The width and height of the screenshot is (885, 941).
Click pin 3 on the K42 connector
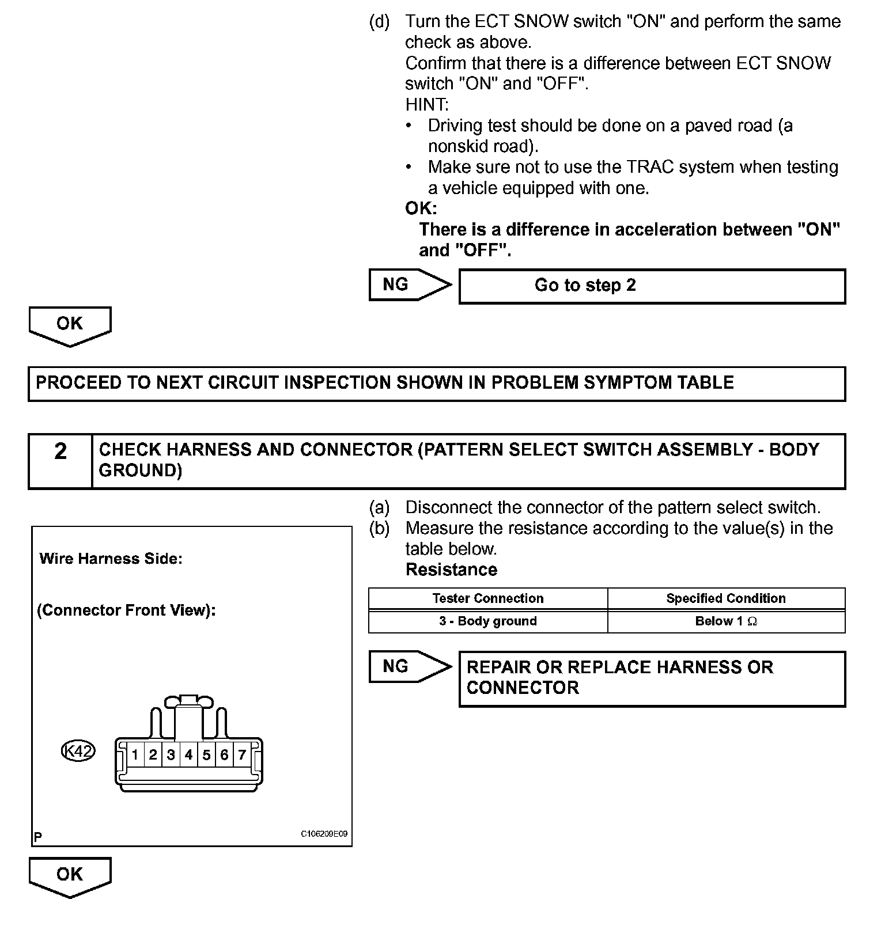coord(171,754)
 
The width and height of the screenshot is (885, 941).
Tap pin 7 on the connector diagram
coord(242,754)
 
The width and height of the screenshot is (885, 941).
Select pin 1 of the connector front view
coord(135,754)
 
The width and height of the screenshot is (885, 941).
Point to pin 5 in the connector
coord(206,754)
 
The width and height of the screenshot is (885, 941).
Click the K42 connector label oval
coord(78,751)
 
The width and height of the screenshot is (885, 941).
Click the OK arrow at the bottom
coord(70,876)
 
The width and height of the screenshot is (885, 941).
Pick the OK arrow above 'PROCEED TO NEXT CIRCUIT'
coord(70,325)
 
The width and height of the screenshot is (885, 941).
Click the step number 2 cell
coord(60,461)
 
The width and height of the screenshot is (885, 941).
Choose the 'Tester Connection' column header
coord(488,598)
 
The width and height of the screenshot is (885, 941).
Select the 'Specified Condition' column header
coord(726,598)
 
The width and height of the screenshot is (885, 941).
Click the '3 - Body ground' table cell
coord(488,621)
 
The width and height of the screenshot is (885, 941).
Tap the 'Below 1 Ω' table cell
coord(726,621)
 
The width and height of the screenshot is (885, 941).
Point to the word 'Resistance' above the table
coord(451,570)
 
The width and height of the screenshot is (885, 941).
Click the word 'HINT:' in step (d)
coord(426,105)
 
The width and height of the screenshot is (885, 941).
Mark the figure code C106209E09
coord(324,834)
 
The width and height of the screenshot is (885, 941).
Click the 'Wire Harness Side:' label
coord(111,559)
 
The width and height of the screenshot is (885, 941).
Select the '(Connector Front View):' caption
coord(126,610)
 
